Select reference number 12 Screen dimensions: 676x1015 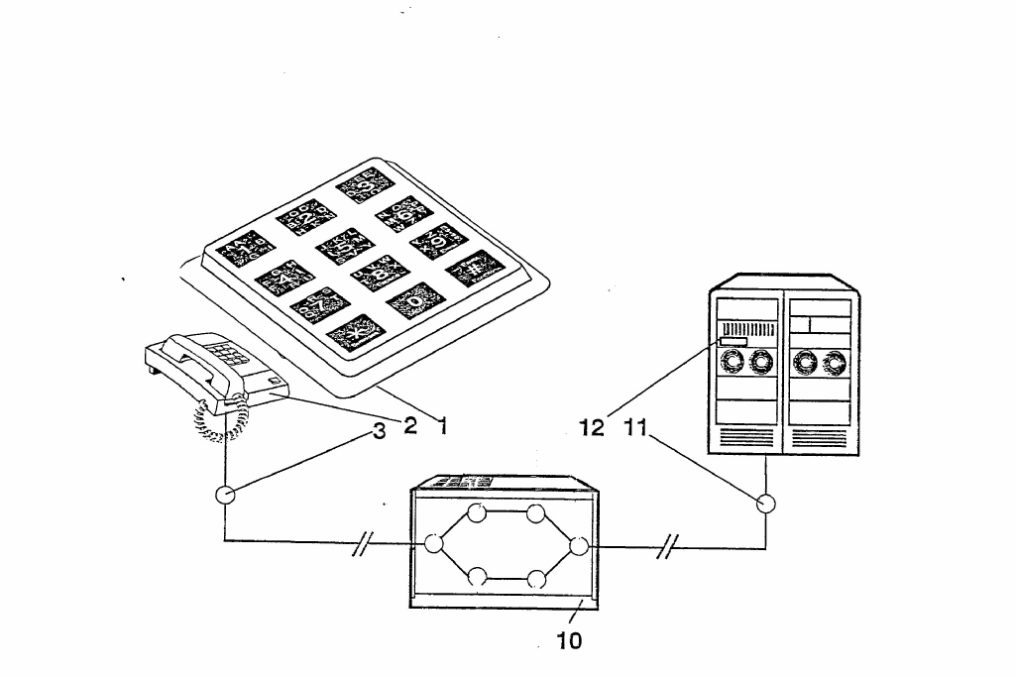click(592, 429)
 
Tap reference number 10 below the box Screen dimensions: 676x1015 click(569, 640)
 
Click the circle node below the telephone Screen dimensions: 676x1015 click(225, 495)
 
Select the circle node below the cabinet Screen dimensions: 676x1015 click(765, 504)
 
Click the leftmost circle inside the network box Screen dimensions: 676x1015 click(433, 543)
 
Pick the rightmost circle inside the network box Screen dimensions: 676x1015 click(580, 544)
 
